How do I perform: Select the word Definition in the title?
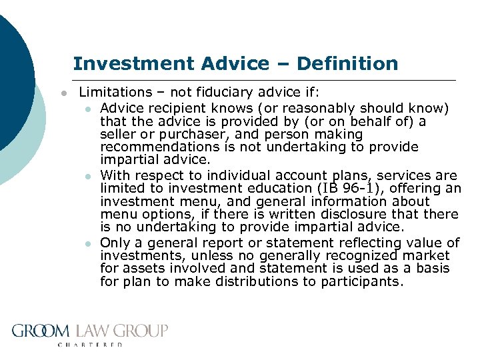pyautogui.click(x=348, y=64)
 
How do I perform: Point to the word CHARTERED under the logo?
pyautogui.click(x=91, y=345)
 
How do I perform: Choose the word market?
pyautogui.click(x=427, y=255)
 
